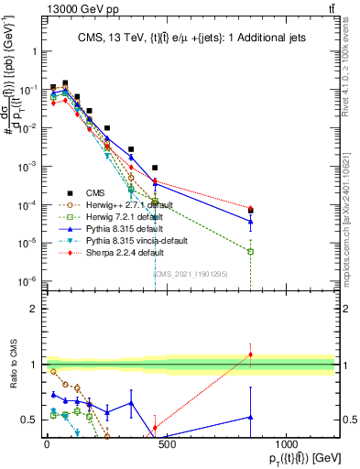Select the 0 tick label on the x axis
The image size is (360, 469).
pos(47,443)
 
